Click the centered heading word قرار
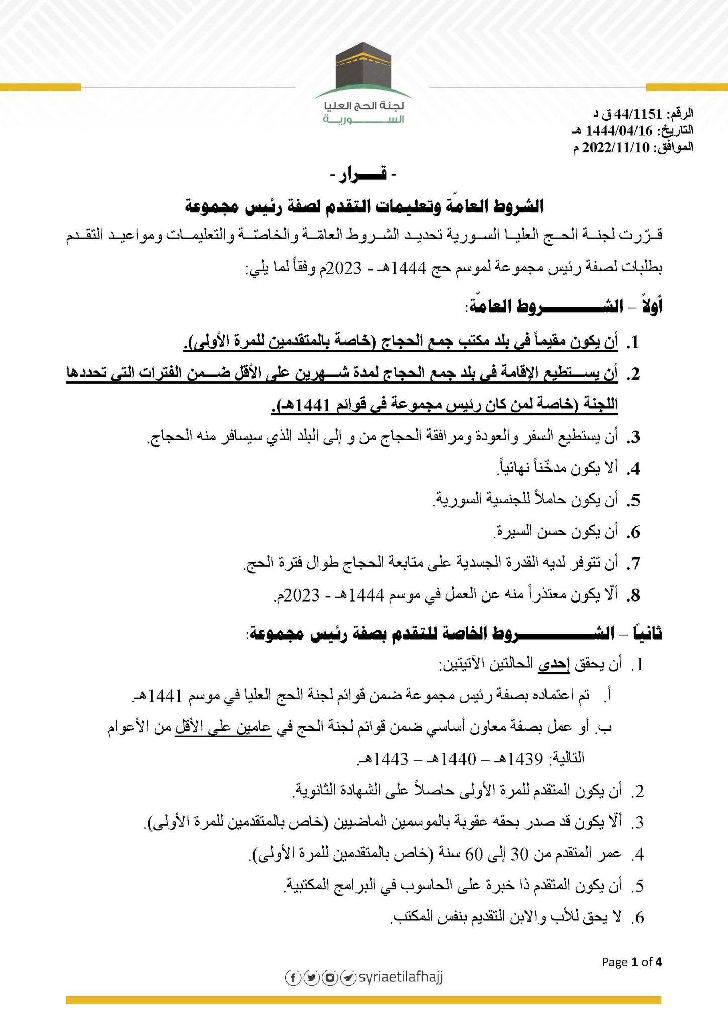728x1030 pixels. coord(363,176)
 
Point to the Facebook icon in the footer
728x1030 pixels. coord(293,977)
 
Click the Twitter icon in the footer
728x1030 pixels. coord(311,977)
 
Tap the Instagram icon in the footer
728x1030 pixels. coord(329,977)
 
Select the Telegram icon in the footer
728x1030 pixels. coord(347,977)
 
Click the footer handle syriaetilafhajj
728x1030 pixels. coord(400,977)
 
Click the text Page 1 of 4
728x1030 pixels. coord(632,962)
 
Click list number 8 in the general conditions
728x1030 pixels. coord(634,596)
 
